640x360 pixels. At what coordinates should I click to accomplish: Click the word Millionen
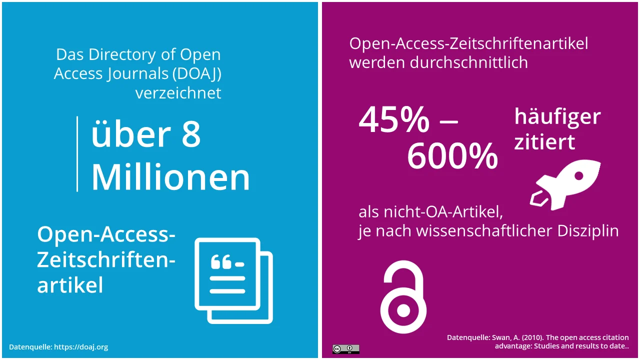pos(170,177)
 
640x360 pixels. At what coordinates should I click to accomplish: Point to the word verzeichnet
pos(178,93)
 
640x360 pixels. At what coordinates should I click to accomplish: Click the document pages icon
pos(233,280)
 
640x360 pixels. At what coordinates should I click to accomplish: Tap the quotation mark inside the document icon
pos(220,262)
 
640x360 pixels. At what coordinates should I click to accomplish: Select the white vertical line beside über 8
pos(77,153)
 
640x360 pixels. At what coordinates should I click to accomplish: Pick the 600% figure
pos(452,156)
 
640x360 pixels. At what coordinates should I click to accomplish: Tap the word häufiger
pos(557,117)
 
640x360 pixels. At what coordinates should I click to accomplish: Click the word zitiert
pos(544,142)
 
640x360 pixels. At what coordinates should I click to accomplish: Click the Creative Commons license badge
pos(345,349)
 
